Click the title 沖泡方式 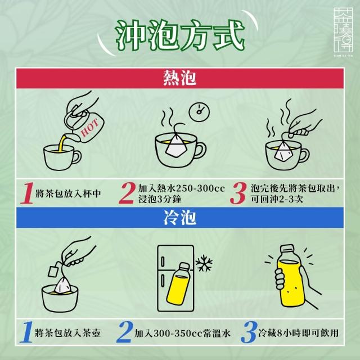point(180,35)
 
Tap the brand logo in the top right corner point(343,31)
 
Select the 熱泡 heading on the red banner point(180,78)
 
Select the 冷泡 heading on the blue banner point(180,218)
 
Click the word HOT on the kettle point(90,128)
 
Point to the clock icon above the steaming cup point(199,112)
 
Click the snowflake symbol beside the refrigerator point(204,263)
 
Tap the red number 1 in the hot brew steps point(27,193)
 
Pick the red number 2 point(127,193)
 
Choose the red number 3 point(238,193)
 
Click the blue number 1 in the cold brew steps point(26,332)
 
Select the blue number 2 point(125,332)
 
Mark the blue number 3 point(249,332)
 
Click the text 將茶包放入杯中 point(68,193)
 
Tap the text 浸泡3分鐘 point(160,199)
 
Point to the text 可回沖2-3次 point(277,199)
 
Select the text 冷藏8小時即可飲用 point(299,333)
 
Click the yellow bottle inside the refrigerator point(178,284)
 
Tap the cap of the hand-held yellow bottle point(287,249)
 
